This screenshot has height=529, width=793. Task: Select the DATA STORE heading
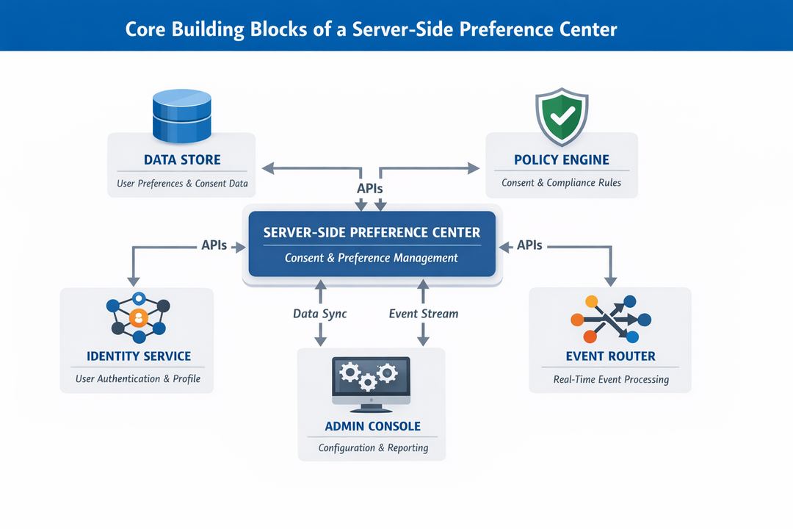[x=182, y=160]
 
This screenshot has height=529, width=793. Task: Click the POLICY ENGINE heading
[x=562, y=160]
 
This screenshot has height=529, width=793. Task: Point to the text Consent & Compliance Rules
[x=561, y=182]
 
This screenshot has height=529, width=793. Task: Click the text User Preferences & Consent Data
[x=182, y=183]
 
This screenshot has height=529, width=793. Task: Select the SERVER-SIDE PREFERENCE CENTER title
[x=372, y=232]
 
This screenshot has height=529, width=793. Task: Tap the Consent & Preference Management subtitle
[x=372, y=258]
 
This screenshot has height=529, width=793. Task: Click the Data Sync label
[x=319, y=314]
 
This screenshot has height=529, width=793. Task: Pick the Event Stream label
[x=423, y=314]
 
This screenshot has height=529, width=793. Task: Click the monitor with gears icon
[x=371, y=383]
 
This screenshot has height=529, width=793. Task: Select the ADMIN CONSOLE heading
[x=372, y=426]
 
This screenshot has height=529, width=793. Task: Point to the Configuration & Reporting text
[x=372, y=447]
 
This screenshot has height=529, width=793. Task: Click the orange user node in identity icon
[x=137, y=318]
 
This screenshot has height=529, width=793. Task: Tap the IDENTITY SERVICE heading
[x=138, y=356]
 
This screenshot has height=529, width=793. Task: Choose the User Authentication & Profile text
[x=138, y=379]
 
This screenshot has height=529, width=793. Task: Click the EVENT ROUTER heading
[x=610, y=357]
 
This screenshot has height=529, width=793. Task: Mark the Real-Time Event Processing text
[x=611, y=380]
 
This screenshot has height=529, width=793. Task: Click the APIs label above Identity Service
[x=214, y=245]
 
